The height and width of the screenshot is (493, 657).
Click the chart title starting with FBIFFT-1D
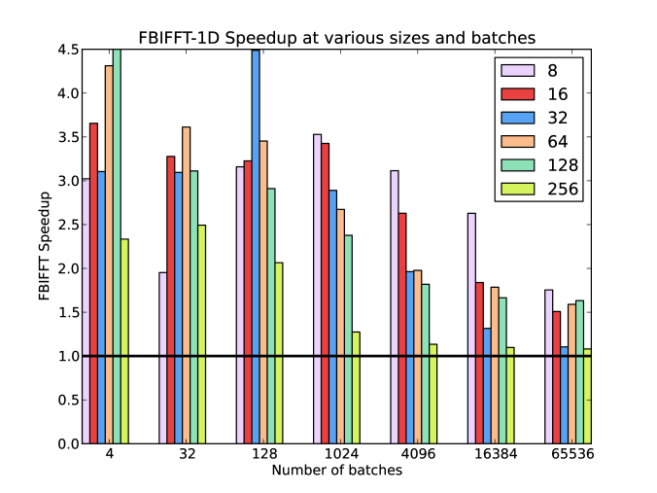(x=336, y=37)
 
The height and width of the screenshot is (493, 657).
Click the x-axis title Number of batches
(x=336, y=470)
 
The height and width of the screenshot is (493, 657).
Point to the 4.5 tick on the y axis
(x=68, y=50)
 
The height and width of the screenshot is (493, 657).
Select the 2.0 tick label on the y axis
(x=68, y=268)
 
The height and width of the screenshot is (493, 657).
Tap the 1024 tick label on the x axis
(x=336, y=454)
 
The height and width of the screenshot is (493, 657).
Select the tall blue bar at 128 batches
(x=256, y=247)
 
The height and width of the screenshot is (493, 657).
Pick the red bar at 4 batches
(x=93, y=283)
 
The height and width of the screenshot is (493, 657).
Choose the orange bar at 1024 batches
(x=340, y=326)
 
